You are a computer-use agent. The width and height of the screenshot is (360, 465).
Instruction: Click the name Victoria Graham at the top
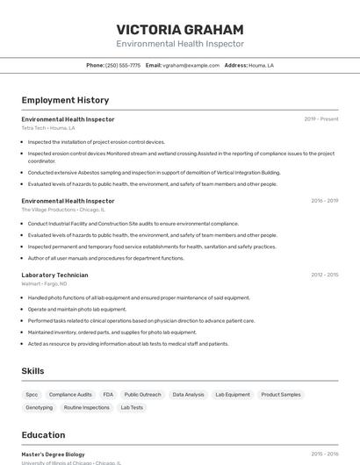(180, 28)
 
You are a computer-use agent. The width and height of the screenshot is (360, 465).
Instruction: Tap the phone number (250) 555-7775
(123, 65)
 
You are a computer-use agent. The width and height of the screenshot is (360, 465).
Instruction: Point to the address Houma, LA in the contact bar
(261, 65)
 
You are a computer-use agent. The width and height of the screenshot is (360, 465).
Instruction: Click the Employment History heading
(65, 100)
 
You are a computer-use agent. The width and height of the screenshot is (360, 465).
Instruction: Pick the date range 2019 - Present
(321, 119)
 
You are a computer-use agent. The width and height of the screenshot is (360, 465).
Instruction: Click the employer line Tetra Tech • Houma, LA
(48, 128)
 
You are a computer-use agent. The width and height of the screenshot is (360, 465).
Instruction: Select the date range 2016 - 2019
(324, 201)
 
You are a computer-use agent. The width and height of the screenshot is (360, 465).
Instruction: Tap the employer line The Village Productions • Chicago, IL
(63, 210)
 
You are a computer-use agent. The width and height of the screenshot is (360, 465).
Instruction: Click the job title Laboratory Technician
(54, 275)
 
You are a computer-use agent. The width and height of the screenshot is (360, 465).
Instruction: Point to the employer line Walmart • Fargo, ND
(45, 283)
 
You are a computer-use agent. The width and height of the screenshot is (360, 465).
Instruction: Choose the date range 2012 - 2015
(324, 275)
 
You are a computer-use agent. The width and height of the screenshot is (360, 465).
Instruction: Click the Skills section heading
(32, 371)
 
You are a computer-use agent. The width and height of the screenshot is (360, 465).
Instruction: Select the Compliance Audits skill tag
(70, 395)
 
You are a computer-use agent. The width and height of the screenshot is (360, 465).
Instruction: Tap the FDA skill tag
(108, 395)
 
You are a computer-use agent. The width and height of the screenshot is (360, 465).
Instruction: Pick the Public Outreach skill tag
(143, 395)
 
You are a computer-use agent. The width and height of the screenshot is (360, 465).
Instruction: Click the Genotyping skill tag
(39, 407)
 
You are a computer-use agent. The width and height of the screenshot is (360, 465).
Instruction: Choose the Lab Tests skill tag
(132, 407)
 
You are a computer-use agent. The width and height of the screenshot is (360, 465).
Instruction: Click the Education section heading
(43, 435)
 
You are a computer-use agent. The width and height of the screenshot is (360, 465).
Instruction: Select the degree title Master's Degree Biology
(54, 454)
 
